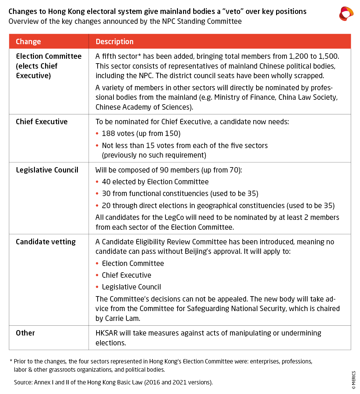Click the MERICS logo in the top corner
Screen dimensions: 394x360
346,14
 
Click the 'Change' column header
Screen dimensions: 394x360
28,42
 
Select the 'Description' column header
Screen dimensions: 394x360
114,42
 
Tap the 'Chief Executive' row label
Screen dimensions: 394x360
42,122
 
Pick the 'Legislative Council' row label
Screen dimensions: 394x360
47,170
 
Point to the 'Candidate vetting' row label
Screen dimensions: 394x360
46,242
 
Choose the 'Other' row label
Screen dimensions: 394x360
25,333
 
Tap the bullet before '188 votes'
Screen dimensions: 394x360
97,134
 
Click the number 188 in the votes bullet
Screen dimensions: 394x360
109,133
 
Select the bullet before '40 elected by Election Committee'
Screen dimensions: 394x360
97,182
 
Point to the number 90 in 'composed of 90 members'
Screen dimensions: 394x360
164,170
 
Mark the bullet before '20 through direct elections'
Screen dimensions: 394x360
97,206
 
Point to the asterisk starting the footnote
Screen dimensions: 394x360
11,361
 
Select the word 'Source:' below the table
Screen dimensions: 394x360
23,382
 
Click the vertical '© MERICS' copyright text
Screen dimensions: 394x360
354,380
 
